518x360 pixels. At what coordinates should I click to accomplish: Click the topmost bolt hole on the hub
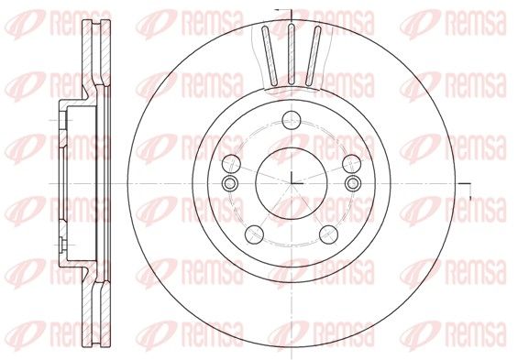292,120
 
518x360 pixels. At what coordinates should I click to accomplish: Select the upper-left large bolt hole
231,164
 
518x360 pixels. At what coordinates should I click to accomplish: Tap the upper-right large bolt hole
351,164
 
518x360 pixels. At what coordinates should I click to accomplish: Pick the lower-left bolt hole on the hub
254,235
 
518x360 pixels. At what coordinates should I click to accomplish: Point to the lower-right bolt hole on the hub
329,235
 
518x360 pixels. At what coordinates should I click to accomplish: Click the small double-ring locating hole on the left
229,183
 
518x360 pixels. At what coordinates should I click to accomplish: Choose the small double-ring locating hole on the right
353,183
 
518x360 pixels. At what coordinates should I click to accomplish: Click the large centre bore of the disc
292,183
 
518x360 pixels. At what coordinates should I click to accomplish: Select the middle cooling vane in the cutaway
291,54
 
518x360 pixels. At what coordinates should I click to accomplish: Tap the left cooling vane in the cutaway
270,56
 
